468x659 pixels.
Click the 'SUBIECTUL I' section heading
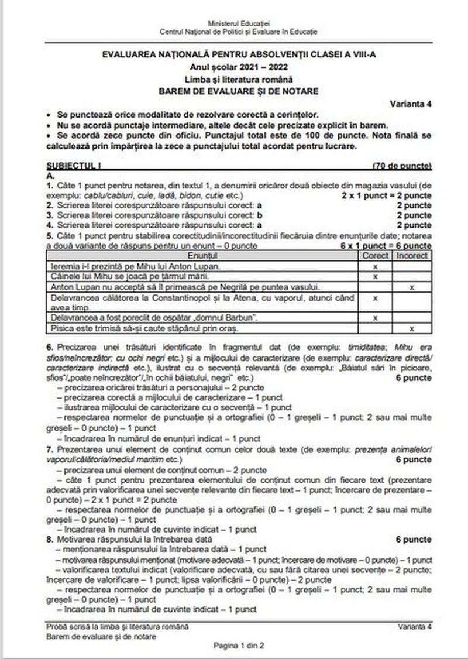[69, 166]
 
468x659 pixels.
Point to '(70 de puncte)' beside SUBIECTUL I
[402, 166]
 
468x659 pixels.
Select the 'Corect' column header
[375, 256]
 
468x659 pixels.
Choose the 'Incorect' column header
[412, 256]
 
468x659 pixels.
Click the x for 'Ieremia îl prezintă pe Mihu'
[375, 266]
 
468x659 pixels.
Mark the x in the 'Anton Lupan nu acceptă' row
[412, 287]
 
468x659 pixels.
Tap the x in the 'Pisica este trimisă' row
[412, 328]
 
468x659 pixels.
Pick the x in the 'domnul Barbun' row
[375, 318]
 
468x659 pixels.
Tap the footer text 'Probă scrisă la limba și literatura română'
[117, 627]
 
